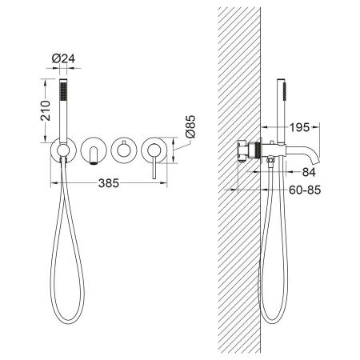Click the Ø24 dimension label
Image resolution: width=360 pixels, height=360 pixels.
click(x=63, y=58)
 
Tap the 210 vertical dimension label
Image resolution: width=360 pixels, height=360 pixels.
click(x=46, y=110)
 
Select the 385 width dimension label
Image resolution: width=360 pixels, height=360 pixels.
click(x=109, y=183)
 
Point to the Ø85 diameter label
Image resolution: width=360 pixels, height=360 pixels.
click(x=190, y=126)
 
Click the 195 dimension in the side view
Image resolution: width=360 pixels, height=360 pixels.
click(x=299, y=127)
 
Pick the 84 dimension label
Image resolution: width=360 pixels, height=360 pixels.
click(x=309, y=172)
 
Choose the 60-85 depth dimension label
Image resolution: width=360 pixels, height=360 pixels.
click(x=305, y=190)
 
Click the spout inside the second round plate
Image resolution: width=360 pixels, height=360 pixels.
click(x=94, y=155)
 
